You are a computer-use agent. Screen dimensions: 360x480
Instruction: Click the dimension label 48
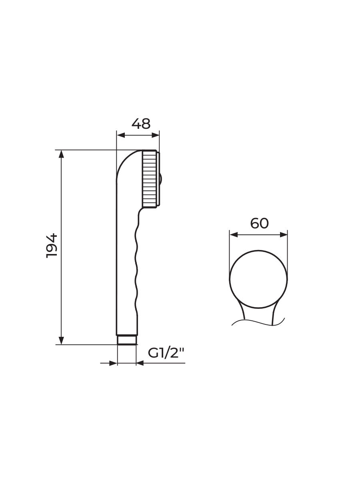[x=141, y=124]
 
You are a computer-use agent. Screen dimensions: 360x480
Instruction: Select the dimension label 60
[x=259, y=224]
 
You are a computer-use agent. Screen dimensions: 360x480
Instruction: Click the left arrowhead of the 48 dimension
[x=121, y=135]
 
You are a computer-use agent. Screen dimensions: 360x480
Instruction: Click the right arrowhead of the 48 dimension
[x=156, y=135]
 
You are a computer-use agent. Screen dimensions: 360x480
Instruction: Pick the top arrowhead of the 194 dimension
[x=62, y=154]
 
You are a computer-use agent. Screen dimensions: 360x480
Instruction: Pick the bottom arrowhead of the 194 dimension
[x=62, y=340]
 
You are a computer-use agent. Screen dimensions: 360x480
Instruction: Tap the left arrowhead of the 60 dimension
[x=234, y=235]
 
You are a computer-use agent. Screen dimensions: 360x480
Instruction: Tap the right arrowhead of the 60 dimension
[x=284, y=235]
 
